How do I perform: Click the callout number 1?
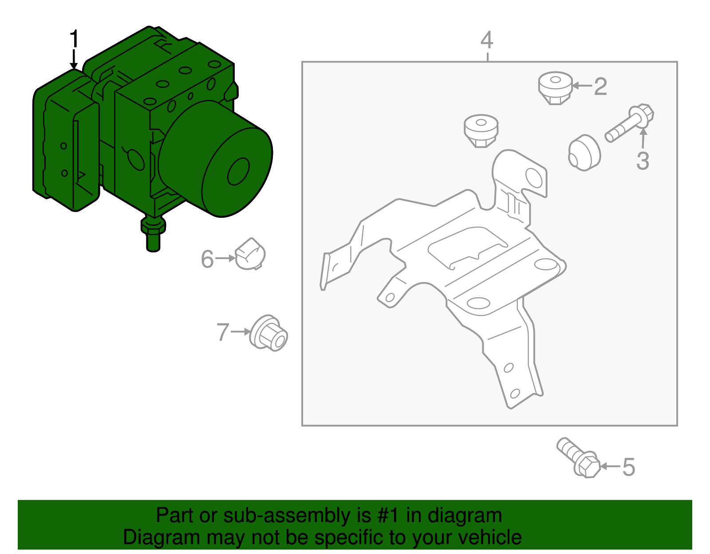point(75,39)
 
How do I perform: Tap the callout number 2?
point(600,86)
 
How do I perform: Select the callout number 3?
point(643,161)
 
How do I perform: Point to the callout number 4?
point(487,40)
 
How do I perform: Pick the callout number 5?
point(629,467)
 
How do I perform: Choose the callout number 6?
point(207,259)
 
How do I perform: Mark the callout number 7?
point(223,332)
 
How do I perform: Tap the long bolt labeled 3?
point(629,123)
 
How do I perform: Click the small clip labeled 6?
point(250,254)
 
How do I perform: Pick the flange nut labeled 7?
point(268,333)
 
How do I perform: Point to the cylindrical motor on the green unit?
point(216,159)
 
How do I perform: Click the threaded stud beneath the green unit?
point(153,234)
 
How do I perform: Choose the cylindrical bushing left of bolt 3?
point(584,153)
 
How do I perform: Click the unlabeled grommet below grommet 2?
point(481,131)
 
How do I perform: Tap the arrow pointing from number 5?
point(610,466)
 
